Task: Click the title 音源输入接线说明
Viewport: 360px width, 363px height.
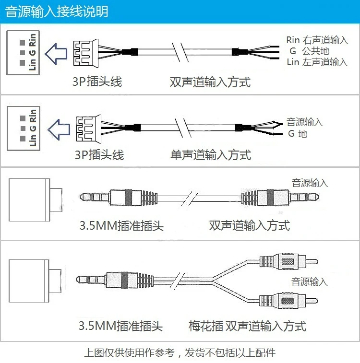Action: (x=57, y=12)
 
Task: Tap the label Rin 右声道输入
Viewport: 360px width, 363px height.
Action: (x=317, y=40)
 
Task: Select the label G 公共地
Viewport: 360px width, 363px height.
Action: (x=309, y=51)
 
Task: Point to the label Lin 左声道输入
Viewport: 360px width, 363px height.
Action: (x=317, y=62)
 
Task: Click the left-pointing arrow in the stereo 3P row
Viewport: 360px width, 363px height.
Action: (x=56, y=54)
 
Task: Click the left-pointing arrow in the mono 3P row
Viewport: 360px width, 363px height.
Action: (x=59, y=129)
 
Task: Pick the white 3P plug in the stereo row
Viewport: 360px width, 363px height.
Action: (x=86, y=53)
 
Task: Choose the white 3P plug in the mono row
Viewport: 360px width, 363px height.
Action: (x=89, y=129)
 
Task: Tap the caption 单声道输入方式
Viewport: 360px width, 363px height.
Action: (x=211, y=155)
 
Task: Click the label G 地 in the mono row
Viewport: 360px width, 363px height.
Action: (x=298, y=134)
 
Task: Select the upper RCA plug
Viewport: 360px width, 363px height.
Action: (x=288, y=262)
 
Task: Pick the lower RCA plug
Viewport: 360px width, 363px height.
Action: (x=288, y=301)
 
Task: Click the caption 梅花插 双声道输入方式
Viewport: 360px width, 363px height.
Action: (x=247, y=326)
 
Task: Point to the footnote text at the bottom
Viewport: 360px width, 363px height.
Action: (x=180, y=353)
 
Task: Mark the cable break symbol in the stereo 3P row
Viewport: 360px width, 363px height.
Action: (x=180, y=52)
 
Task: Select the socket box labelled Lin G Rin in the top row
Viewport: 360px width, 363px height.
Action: (x=23, y=53)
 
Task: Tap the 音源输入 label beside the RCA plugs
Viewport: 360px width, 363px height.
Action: (x=309, y=282)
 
